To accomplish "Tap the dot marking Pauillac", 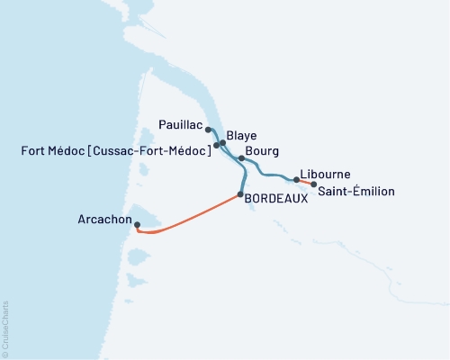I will (209, 130).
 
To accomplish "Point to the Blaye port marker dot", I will (222, 142).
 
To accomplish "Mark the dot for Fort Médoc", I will (217, 145).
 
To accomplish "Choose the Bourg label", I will (261, 151).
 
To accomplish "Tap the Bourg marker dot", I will (241, 158).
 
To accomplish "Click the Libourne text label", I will (327, 174).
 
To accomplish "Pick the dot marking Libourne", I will (296, 180).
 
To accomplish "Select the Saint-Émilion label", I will (358, 191).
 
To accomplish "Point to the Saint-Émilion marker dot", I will (313, 184).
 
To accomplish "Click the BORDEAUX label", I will (276, 201).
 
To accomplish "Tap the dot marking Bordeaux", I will (240, 194).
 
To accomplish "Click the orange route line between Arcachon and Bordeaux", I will (193, 216).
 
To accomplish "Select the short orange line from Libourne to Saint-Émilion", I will (305, 183).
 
